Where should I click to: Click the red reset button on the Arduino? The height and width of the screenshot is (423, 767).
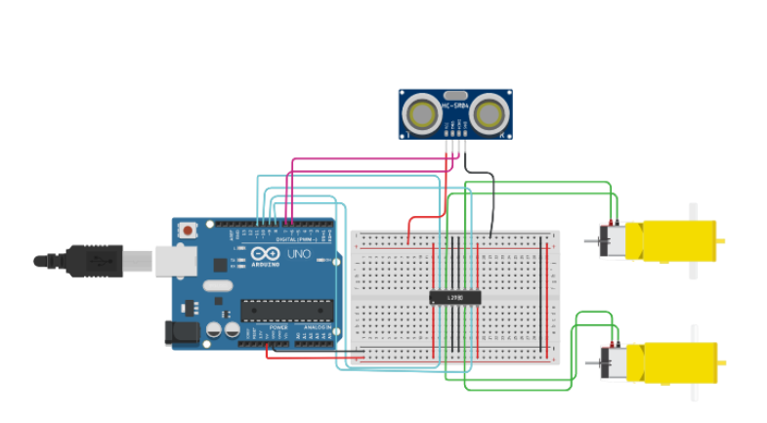pos(186,231)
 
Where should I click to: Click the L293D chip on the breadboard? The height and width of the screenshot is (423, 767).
pos(454,296)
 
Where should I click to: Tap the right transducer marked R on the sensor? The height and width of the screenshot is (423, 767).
pos(488,114)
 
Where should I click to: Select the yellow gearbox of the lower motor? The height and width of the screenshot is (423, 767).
pos(674,361)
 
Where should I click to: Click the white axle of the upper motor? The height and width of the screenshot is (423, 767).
pos(694,211)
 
